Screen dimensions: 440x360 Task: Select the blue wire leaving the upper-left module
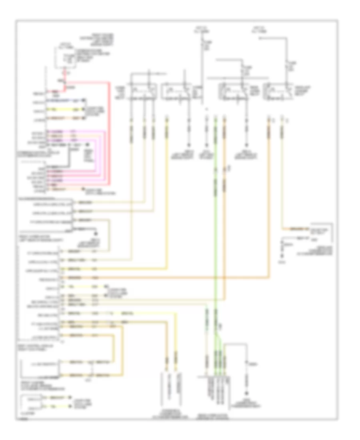[x=66, y=100]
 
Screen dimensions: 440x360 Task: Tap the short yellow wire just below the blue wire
[x=66, y=109]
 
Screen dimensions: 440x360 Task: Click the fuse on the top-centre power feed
[x=202, y=44]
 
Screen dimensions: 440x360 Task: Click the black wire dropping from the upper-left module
[x=67, y=158]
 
